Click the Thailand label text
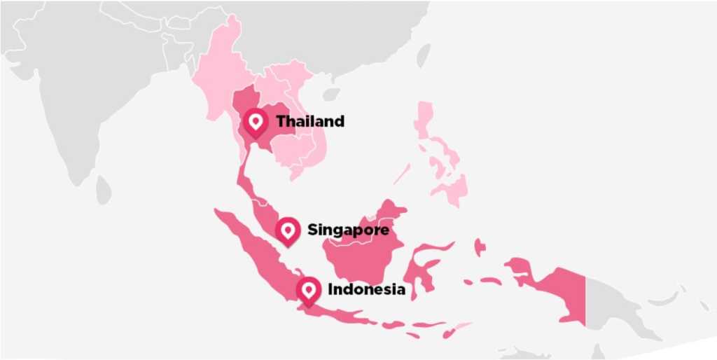pyautogui.click(x=310, y=121)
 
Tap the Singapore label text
pyautogui.click(x=348, y=230)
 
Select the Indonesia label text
pyautogui.click(x=366, y=289)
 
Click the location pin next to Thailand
pyautogui.click(x=256, y=123)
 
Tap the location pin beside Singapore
pyautogui.click(x=287, y=230)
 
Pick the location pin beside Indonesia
pyautogui.click(x=308, y=289)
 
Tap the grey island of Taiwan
pyautogui.click(x=424, y=56)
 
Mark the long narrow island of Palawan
pyautogui.click(x=402, y=174)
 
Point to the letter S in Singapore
pyautogui.click(x=313, y=230)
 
